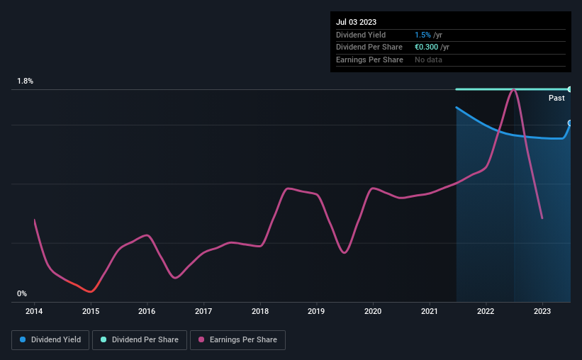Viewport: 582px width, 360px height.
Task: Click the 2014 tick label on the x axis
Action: coord(34,311)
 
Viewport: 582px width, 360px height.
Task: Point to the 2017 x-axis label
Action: coord(203,311)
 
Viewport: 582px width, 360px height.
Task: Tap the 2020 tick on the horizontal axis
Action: coord(373,311)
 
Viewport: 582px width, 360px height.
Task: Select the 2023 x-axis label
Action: coord(542,311)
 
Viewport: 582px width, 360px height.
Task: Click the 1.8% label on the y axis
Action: coord(26,81)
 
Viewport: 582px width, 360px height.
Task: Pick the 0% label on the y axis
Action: coord(22,293)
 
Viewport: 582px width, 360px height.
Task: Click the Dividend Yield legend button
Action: coord(50,340)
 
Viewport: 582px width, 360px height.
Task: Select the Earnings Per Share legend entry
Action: coord(238,340)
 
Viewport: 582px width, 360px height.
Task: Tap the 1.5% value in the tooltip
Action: coord(422,35)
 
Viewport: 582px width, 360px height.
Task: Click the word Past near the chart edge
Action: coord(556,98)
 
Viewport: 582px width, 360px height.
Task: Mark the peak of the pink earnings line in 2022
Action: coord(513,89)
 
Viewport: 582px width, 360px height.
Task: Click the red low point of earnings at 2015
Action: coord(89,291)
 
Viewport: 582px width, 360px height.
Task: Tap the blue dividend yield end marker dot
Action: coord(570,123)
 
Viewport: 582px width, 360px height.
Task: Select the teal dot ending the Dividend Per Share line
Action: coord(570,89)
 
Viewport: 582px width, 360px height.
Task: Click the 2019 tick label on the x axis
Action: coord(316,311)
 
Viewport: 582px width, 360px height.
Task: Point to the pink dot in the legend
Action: coord(201,340)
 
